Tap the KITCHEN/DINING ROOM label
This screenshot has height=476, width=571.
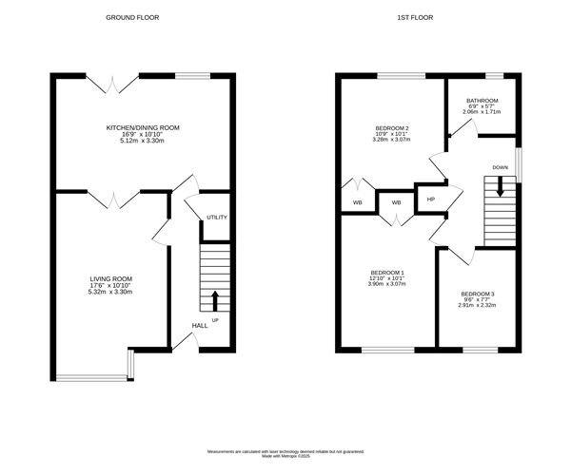pyautogui.click(x=143, y=127)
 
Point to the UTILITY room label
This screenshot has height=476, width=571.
pyautogui.click(x=217, y=218)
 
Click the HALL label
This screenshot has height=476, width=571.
pyautogui.click(x=200, y=326)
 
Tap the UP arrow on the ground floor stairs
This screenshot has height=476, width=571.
pyautogui.click(x=215, y=299)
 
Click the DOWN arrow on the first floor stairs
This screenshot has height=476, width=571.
pyautogui.click(x=500, y=187)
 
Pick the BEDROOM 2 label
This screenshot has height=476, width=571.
pyautogui.click(x=393, y=128)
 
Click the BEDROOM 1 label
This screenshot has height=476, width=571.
pyautogui.click(x=386, y=272)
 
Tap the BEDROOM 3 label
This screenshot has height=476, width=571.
pyautogui.click(x=477, y=294)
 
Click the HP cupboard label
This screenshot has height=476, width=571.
pyautogui.click(x=430, y=200)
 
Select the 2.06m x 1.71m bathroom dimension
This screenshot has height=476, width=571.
pyautogui.click(x=483, y=112)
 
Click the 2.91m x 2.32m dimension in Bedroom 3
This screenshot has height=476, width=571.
pyautogui.click(x=477, y=305)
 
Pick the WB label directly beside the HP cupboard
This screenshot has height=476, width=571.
pyautogui.click(x=396, y=202)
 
